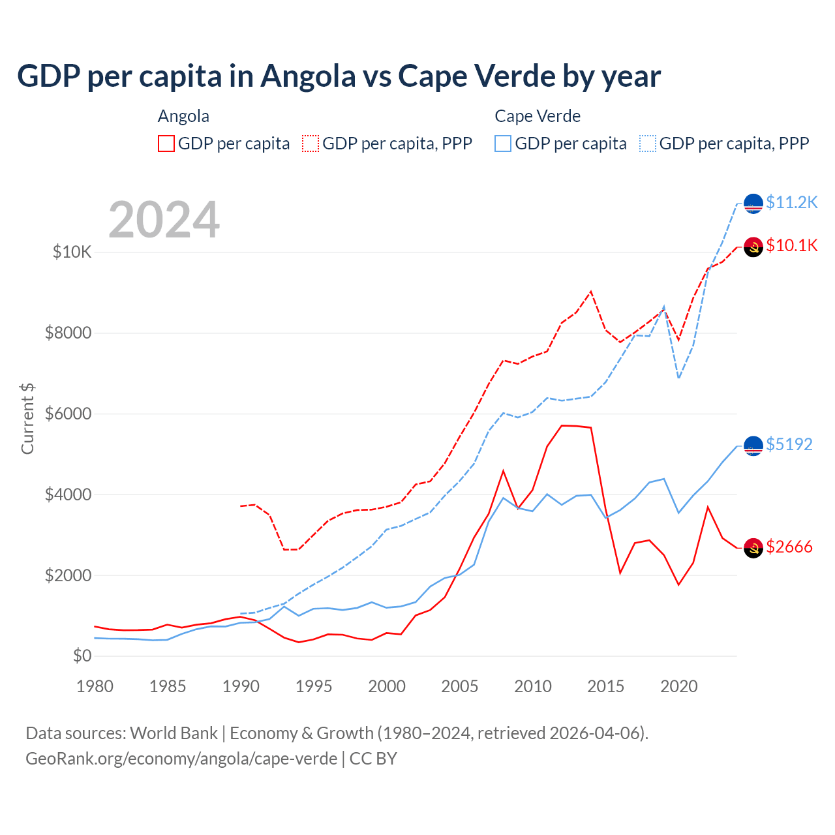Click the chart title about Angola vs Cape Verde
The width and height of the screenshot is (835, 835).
coord(339,76)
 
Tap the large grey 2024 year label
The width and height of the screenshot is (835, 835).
coord(164,220)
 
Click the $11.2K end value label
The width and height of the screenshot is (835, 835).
coord(791,202)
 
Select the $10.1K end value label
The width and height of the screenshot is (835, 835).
coord(791,245)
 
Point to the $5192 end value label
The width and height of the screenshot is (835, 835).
coord(789,444)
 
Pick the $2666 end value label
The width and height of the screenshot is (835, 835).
coord(789,547)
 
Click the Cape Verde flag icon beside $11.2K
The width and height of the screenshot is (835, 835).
coord(753,204)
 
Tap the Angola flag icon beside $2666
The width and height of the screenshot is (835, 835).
coord(753,548)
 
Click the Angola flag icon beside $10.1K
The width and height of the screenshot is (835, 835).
coord(753,247)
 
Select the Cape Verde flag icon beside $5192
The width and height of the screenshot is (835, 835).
coord(753,446)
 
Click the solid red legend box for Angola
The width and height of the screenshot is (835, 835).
coord(166,144)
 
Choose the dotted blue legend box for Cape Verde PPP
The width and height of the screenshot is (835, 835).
coord(648,144)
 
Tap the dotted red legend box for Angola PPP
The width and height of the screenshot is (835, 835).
coord(311,144)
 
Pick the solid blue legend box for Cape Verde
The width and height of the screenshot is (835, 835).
coord(503,144)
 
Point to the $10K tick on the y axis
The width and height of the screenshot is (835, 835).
coord(72,252)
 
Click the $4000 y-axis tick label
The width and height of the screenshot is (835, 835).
coord(68,494)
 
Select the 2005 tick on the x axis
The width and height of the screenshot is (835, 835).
coord(460,686)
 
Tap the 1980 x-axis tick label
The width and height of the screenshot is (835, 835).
coord(95,686)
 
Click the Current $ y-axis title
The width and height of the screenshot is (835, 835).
coord(27,419)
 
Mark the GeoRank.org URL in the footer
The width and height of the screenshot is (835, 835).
coord(181,759)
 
